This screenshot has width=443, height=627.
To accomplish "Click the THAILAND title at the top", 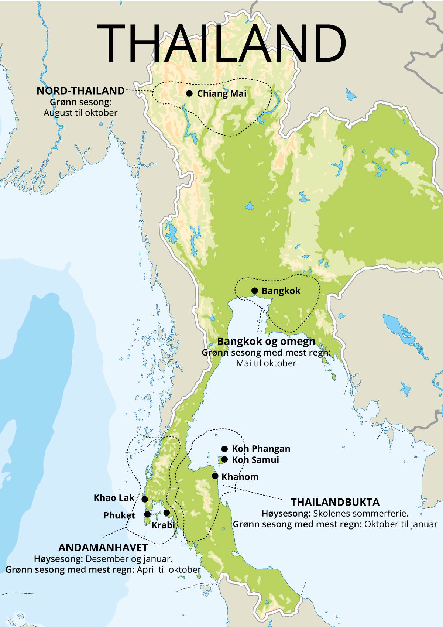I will coord(221,44).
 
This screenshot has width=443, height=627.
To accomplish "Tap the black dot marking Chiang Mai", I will coord(189,93).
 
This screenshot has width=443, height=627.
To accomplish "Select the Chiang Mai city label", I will coord(221,93).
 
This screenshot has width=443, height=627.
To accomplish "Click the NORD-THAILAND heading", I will coord(80,90).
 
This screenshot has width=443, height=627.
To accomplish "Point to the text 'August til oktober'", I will coord(80,113).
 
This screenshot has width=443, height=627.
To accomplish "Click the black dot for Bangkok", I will coord(254,291).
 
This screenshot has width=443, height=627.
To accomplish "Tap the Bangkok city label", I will coord(281,291).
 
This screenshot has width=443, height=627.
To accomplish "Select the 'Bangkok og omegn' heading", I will coord(266,341).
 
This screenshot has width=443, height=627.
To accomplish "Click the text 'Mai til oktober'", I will coord(266,363).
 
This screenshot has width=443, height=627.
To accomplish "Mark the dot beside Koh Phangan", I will coord(224,449).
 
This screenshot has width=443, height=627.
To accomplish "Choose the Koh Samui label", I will coord(255,460).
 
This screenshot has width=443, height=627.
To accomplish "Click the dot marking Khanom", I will coord(215,476).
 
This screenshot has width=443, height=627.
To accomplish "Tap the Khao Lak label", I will coord(114,498).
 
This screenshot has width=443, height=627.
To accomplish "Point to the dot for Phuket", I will coord(147,514).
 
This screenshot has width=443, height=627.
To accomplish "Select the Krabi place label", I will coord(163,525).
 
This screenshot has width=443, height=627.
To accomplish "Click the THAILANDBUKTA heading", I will coord(335,502).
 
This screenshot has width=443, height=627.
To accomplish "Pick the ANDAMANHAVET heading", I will coord(103,548).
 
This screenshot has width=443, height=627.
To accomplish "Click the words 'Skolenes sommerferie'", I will coord(360,513).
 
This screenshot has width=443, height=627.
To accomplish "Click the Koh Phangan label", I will coord(261,449).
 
